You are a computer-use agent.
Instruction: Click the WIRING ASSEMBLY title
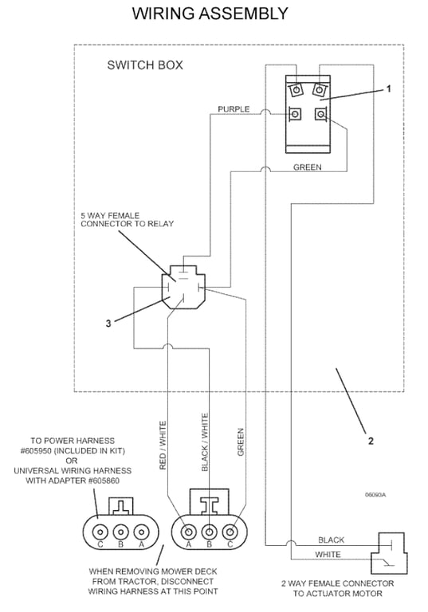(210, 14)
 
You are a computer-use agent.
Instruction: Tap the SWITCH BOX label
(145, 65)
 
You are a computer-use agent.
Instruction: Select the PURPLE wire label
(234, 109)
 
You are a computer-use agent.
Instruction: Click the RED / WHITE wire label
(163, 445)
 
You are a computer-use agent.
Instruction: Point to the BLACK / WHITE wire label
(205, 442)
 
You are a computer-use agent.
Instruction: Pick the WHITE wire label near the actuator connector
(328, 555)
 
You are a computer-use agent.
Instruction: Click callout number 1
(389, 89)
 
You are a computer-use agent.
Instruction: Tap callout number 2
(371, 441)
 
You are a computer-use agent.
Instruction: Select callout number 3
(108, 324)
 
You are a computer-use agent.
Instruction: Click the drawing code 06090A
(375, 495)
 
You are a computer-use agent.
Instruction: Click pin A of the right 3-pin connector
(189, 532)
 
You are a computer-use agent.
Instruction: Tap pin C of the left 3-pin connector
(100, 532)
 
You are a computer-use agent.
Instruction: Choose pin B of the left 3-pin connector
(120, 532)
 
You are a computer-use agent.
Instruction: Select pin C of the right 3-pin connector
(230, 532)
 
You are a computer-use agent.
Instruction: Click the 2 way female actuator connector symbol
(389, 553)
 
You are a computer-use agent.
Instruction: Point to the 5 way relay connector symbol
(183, 287)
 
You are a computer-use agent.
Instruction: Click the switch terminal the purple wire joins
(296, 115)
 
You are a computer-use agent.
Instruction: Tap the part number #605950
(41, 451)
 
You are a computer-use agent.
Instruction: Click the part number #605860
(104, 481)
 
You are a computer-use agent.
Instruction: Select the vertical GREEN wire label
(241, 442)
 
